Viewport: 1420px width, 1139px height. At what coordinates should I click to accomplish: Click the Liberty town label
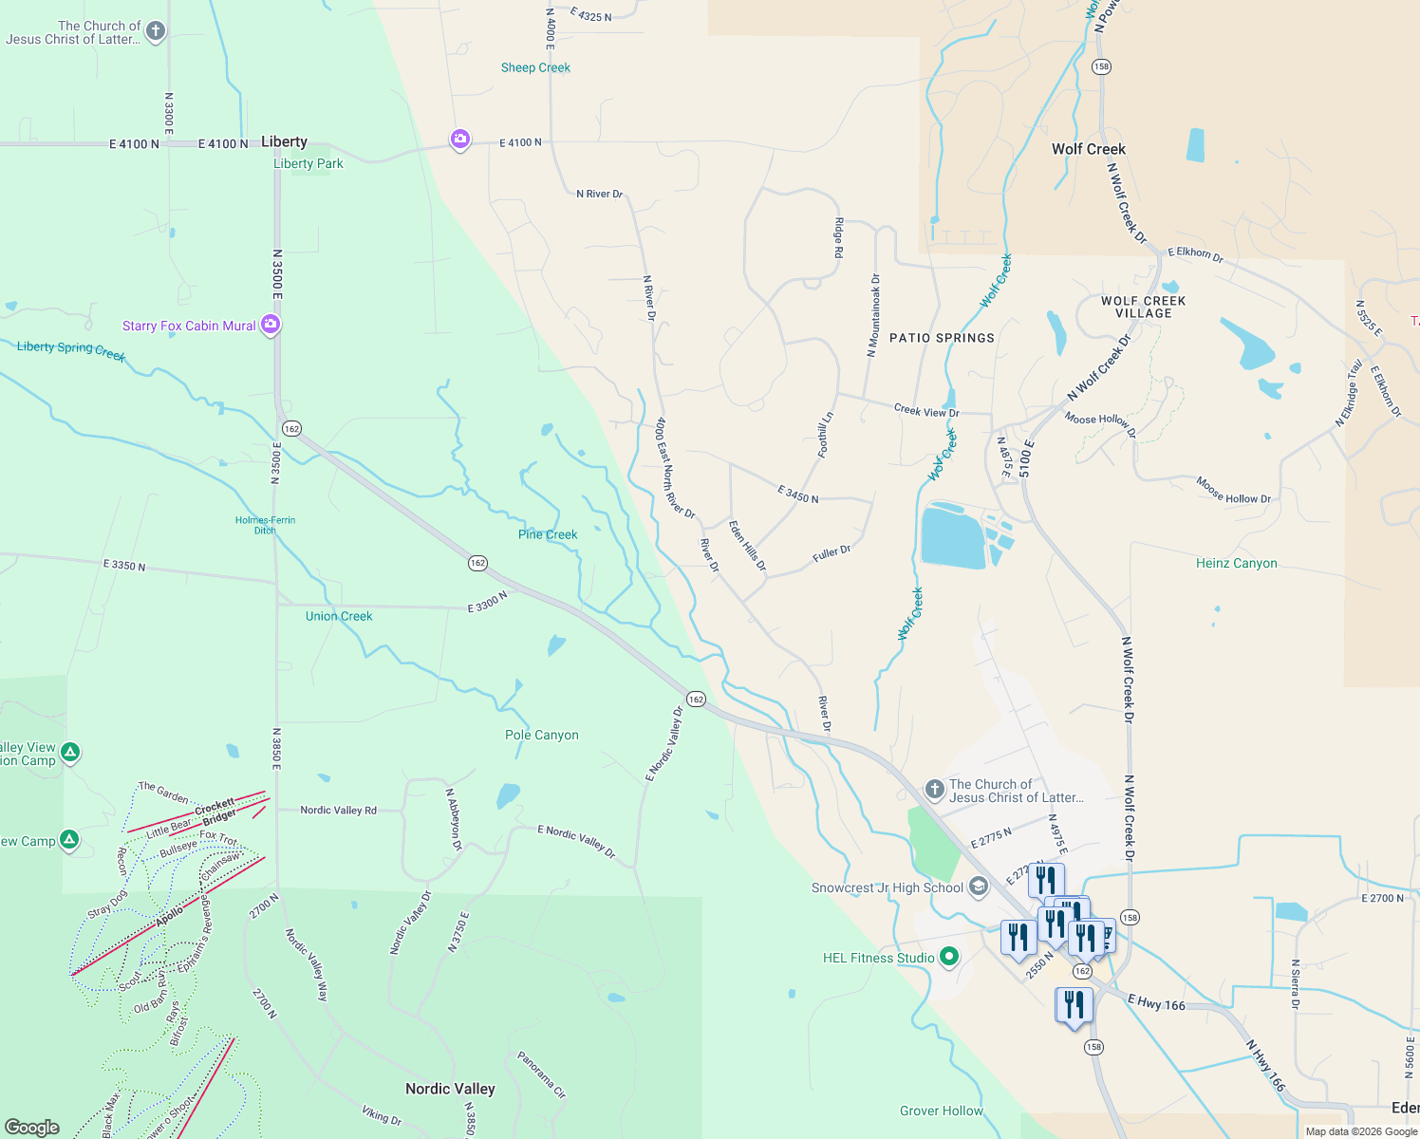[x=284, y=142]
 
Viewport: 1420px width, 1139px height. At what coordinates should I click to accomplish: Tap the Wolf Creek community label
[x=1088, y=149]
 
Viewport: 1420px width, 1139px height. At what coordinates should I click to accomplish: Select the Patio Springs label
[x=942, y=338]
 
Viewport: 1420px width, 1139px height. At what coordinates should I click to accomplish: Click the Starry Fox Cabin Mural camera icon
[x=271, y=325]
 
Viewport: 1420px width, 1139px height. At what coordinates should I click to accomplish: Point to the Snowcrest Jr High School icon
[x=979, y=887]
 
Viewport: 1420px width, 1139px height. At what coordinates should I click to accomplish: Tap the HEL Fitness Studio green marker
[x=948, y=957]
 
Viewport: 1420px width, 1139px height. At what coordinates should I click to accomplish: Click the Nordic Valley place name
[x=450, y=1089]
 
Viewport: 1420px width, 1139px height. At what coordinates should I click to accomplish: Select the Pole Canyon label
[x=541, y=735]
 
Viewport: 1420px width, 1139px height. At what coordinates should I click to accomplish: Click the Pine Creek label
[x=548, y=534]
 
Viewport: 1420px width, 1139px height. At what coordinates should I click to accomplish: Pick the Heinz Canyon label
[x=1236, y=563]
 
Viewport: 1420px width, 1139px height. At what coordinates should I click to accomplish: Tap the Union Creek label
[x=339, y=616]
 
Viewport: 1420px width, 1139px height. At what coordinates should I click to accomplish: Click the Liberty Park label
[x=308, y=163]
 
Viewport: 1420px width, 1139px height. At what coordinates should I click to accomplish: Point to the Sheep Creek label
[x=535, y=67]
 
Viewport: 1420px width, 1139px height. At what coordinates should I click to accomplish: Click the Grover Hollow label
[x=941, y=1111]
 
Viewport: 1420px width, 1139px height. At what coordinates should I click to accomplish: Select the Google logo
[x=31, y=1127]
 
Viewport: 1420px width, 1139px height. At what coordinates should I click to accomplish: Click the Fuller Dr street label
[x=831, y=553]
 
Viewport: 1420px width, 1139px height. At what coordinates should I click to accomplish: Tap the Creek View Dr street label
[x=926, y=411]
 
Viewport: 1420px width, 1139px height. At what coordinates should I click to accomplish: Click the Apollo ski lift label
[x=169, y=917]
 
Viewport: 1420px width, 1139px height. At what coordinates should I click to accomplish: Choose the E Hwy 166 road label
[x=1156, y=1002]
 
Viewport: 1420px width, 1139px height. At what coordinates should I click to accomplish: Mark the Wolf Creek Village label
[x=1143, y=307]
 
